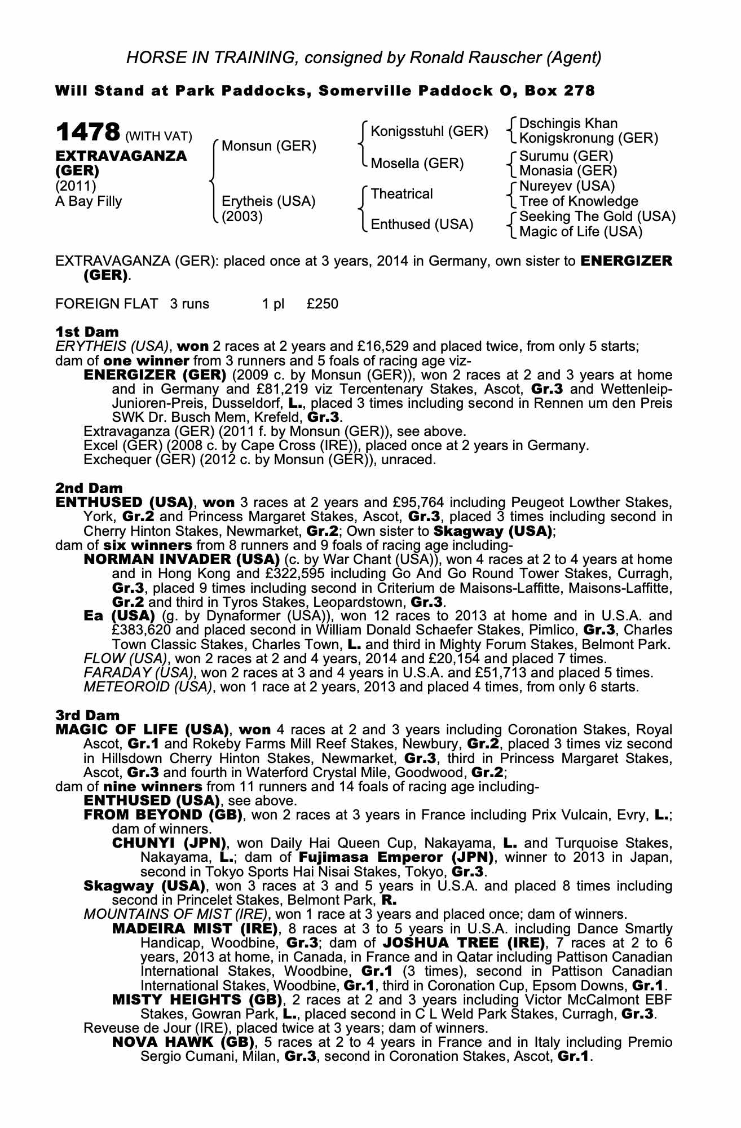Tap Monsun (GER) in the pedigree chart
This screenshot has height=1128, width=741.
pos(268,146)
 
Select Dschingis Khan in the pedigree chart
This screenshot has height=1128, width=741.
pos(568,124)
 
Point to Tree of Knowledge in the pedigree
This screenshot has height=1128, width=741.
pos(579,201)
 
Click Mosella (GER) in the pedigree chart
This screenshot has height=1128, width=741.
pos(417,164)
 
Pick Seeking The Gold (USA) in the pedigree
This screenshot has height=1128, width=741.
pos(597,217)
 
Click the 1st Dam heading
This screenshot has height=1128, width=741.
pos(87,332)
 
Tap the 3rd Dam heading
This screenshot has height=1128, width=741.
pos(88,715)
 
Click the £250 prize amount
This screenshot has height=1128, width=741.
pos(323,304)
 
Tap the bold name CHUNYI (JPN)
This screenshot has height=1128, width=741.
pos(169,843)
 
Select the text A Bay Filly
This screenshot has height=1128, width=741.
pos(89,201)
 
